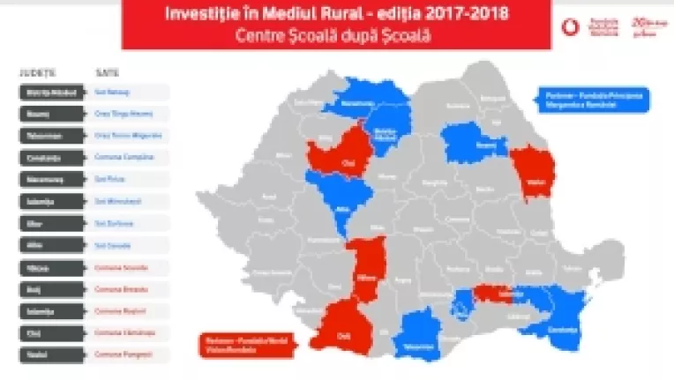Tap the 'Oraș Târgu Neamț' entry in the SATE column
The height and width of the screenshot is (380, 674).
128,114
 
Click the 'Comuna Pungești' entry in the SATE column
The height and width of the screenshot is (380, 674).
128,354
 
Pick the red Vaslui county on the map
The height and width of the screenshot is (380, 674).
531,173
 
